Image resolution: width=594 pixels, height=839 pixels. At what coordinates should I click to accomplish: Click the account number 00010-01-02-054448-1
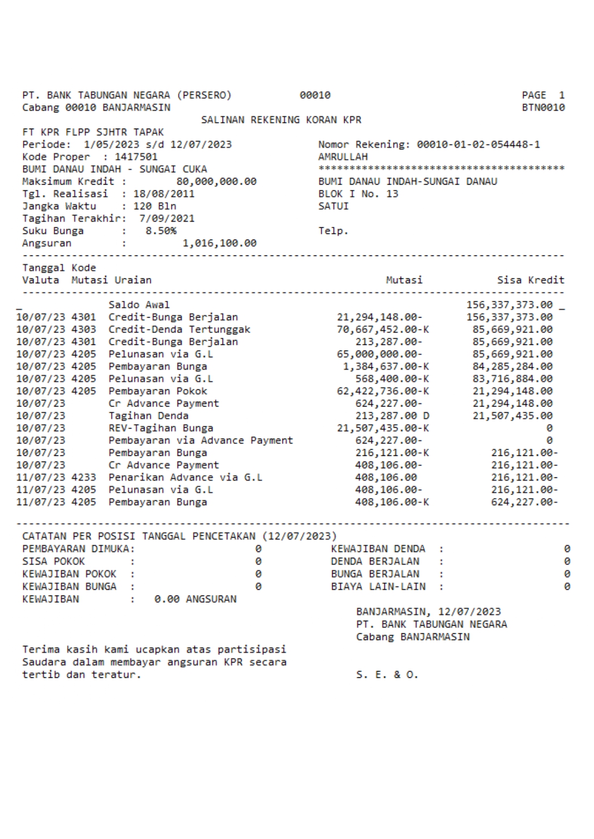coord(478,144)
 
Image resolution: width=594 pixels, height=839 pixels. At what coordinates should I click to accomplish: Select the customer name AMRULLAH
coord(343,157)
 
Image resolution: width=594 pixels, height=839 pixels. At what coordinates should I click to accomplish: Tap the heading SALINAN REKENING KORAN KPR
coord(281,120)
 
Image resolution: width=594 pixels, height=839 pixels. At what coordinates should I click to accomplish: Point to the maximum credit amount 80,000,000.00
coord(216,182)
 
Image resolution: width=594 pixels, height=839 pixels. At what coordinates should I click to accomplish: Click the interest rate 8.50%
coord(161,231)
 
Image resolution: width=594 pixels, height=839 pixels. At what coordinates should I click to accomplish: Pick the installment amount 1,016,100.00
coord(219,243)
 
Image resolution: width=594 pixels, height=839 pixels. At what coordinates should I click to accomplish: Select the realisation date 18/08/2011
coord(164,194)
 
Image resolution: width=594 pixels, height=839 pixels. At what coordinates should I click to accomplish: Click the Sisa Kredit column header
coord(530,280)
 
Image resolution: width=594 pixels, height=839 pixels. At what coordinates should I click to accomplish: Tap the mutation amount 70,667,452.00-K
coord(382,330)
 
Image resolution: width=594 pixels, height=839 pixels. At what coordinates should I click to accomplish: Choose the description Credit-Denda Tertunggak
coord(179,330)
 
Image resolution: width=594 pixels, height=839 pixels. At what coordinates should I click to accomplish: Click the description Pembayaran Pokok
coord(157,391)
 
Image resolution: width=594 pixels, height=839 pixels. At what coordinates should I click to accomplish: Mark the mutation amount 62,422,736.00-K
coord(382,391)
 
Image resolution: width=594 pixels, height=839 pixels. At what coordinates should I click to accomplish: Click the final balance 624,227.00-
coord(524,502)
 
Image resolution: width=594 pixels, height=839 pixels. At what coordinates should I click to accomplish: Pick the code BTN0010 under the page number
coord(543,108)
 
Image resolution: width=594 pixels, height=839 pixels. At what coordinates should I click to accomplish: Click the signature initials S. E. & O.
coord(387,675)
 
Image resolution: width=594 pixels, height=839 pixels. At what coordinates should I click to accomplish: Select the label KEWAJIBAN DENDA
coord(378,549)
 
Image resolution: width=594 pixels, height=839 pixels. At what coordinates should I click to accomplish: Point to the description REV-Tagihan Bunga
coord(161,428)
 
